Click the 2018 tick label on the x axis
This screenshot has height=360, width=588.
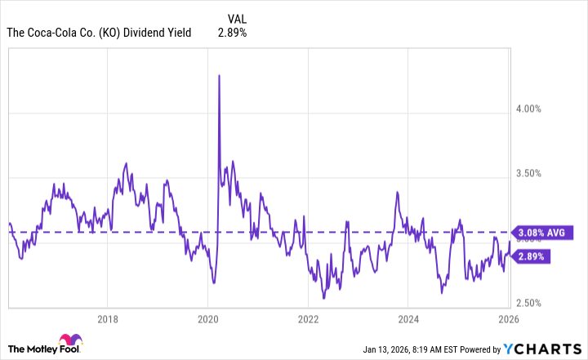[x=108, y=319]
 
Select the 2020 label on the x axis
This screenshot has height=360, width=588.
[x=208, y=319]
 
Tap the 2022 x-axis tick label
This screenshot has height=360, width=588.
[x=309, y=319]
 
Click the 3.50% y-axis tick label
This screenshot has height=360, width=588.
[x=537, y=174]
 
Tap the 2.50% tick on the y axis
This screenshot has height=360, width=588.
[x=537, y=303]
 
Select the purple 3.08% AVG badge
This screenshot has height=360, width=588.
[x=539, y=233]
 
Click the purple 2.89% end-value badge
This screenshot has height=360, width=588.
[x=534, y=256]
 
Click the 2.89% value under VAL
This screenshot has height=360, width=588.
[x=232, y=33]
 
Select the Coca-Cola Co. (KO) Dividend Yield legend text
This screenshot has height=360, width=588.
[x=99, y=33]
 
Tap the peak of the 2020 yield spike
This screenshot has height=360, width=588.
[x=219, y=75]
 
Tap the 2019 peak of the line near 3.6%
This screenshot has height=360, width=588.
[x=126, y=163]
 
